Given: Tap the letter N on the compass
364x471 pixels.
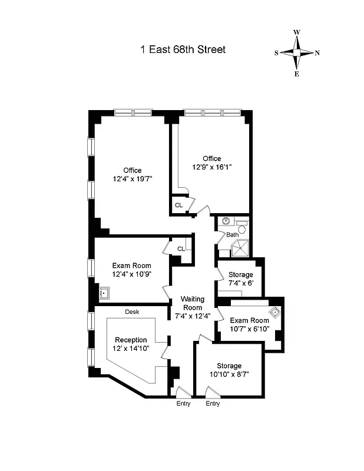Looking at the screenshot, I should tap(317, 53).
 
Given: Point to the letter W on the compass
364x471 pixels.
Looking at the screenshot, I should tap(297, 32).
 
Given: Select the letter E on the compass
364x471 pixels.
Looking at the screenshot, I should tap(297, 74).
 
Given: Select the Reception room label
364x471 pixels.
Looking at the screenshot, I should tap(131, 340).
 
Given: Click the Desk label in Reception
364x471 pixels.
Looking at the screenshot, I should tap(131, 312).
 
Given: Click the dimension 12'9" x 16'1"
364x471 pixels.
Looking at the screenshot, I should tap(212, 167).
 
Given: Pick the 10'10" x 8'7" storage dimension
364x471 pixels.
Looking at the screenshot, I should tap(229, 373).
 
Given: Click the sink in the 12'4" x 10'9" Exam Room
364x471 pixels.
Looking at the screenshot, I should tap(105, 292).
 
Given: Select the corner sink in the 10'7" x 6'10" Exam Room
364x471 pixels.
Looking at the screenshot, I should tap(273, 313).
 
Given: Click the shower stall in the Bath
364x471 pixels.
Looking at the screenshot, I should tap(240, 249).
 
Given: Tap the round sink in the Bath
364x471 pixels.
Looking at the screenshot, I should tap(225, 223).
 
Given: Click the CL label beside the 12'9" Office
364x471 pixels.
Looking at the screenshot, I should tap(178, 205).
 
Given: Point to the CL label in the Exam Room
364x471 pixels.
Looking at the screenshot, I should tap(181, 248).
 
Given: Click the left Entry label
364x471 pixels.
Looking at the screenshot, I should tap(183, 404).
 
